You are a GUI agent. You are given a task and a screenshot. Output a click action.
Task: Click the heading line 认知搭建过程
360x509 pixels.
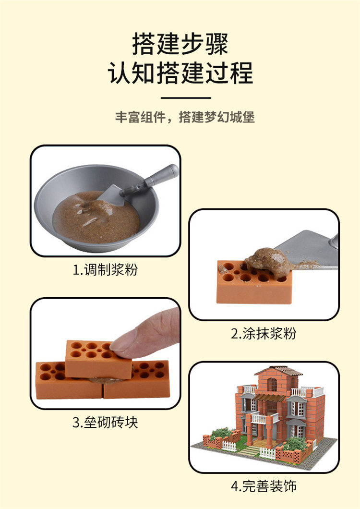pos(180,73)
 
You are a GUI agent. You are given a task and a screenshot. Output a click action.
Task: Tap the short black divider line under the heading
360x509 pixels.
pos(186,97)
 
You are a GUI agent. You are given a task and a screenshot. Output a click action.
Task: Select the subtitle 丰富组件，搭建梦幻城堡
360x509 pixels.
pos(185,117)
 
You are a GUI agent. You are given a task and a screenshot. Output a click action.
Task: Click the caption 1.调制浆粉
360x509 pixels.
pos(105,269)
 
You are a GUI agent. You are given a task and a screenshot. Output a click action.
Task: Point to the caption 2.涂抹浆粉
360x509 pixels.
pos(264,333)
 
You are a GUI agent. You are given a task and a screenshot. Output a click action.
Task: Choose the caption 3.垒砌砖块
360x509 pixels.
pos(105,423)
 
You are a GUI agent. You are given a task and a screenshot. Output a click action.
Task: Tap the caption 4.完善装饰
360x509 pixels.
pos(264,486)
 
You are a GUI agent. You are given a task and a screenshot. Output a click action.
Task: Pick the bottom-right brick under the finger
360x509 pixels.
pos(136,380)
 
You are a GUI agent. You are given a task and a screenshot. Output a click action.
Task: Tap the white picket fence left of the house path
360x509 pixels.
pos(229,446)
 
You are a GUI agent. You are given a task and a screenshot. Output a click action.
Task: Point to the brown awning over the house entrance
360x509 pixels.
pos(269,397)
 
